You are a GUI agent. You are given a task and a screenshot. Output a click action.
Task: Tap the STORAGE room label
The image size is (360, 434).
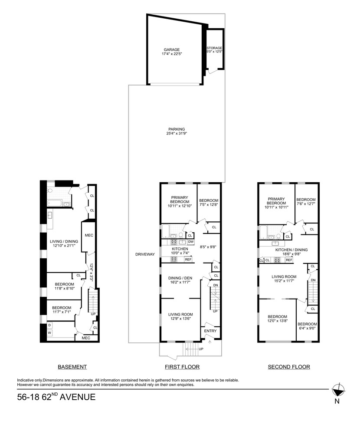click(x=215, y=48)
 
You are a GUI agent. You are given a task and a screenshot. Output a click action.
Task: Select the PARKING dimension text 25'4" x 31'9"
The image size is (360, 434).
click(x=177, y=134)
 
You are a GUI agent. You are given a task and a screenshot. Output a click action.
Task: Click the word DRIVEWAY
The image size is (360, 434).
click(x=145, y=254)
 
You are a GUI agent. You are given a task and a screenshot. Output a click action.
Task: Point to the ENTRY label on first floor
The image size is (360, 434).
click(x=210, y=331)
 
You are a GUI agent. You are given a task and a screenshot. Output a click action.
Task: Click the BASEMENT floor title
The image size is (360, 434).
click(x=72, y=367)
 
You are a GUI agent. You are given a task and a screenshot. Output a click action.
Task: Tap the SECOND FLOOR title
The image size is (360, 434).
click(x=289, y=367)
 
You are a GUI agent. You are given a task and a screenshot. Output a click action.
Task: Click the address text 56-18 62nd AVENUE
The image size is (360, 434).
click(x=56, y=397)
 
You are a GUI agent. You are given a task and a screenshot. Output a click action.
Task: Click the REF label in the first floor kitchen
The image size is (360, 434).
click(x=188, y=260)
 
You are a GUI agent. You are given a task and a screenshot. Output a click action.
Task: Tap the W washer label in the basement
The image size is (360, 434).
click(x=49, y=333)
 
